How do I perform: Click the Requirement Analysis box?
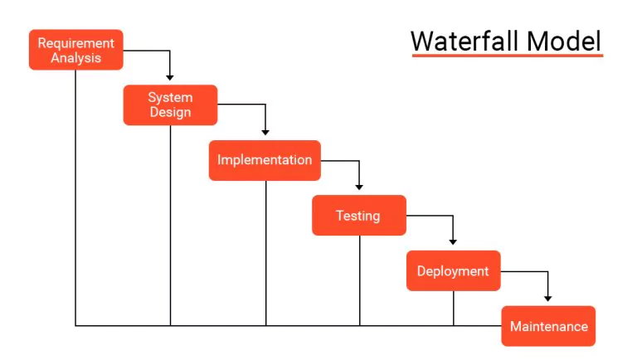click(76, 50)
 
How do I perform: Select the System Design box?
click(170, 105)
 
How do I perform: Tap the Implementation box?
click(265, 160)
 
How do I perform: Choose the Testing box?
click(359, 216)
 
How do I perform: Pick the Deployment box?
click(454, 270)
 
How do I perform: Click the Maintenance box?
click(548, 326)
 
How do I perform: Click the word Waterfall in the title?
click(465, 41)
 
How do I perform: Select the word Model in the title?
click(564, 41)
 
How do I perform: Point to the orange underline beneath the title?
click(508, 56)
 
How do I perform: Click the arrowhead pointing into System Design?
click(170, 78)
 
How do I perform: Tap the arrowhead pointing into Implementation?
click(265, 133)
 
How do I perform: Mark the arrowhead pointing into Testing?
click(359, 187)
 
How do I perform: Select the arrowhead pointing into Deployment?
click(453, 242)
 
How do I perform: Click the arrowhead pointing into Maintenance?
click(548, 299)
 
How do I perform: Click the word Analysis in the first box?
click(76, 58)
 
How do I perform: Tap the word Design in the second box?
click(170, 112)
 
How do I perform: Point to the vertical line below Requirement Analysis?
click(75, 198)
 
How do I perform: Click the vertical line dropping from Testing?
click(359, 280)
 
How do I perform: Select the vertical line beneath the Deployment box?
click(454, 308)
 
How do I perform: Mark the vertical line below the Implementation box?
click(266, 253)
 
